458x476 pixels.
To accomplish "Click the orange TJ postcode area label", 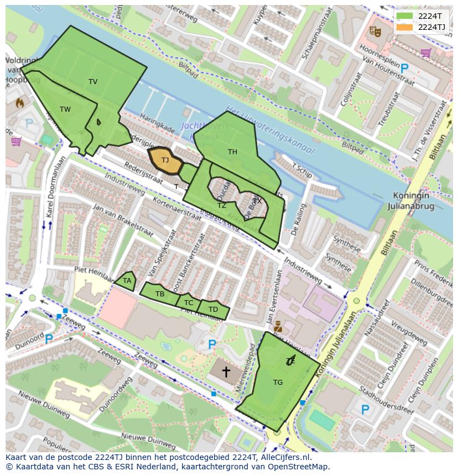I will coord(165,160).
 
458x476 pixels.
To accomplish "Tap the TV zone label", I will coord(93,82).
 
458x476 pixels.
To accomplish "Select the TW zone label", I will coord(65,109).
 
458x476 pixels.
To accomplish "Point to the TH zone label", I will coord(232,152).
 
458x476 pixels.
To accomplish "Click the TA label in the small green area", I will coord(127,281).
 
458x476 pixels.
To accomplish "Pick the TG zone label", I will coord(278,382).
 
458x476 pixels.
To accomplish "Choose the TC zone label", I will coord(189,303).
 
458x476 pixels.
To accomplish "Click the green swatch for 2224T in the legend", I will coord(404,16).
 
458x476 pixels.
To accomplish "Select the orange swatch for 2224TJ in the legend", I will coord(404,27).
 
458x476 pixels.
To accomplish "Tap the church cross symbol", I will coord(226,372).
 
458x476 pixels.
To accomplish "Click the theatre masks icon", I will coord(375,32).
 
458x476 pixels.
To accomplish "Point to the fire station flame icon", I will coord(20,102).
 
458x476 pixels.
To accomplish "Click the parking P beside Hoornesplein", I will coord(404,68).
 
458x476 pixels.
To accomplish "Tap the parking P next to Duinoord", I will coord(49,338).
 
